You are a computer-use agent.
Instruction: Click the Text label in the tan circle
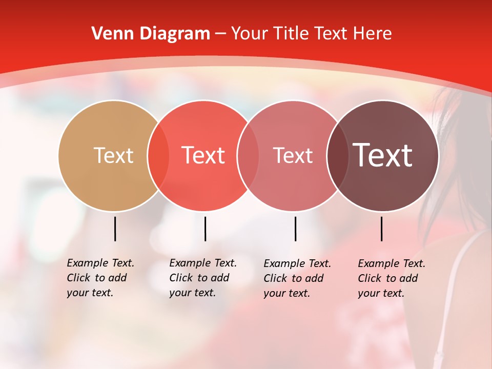[x=113, y=155]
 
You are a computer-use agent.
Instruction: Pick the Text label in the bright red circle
[x=203, y=155]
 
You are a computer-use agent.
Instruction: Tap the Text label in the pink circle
[x=293, y=155]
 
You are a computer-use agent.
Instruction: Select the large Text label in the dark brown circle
[x=382, y=155]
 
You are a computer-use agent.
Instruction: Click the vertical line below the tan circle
[x=115, y=229]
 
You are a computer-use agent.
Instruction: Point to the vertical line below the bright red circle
[x=205, y=229]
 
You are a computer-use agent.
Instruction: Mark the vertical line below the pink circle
[x=295, y=229]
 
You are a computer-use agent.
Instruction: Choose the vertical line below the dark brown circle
[x=381, y=229]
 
